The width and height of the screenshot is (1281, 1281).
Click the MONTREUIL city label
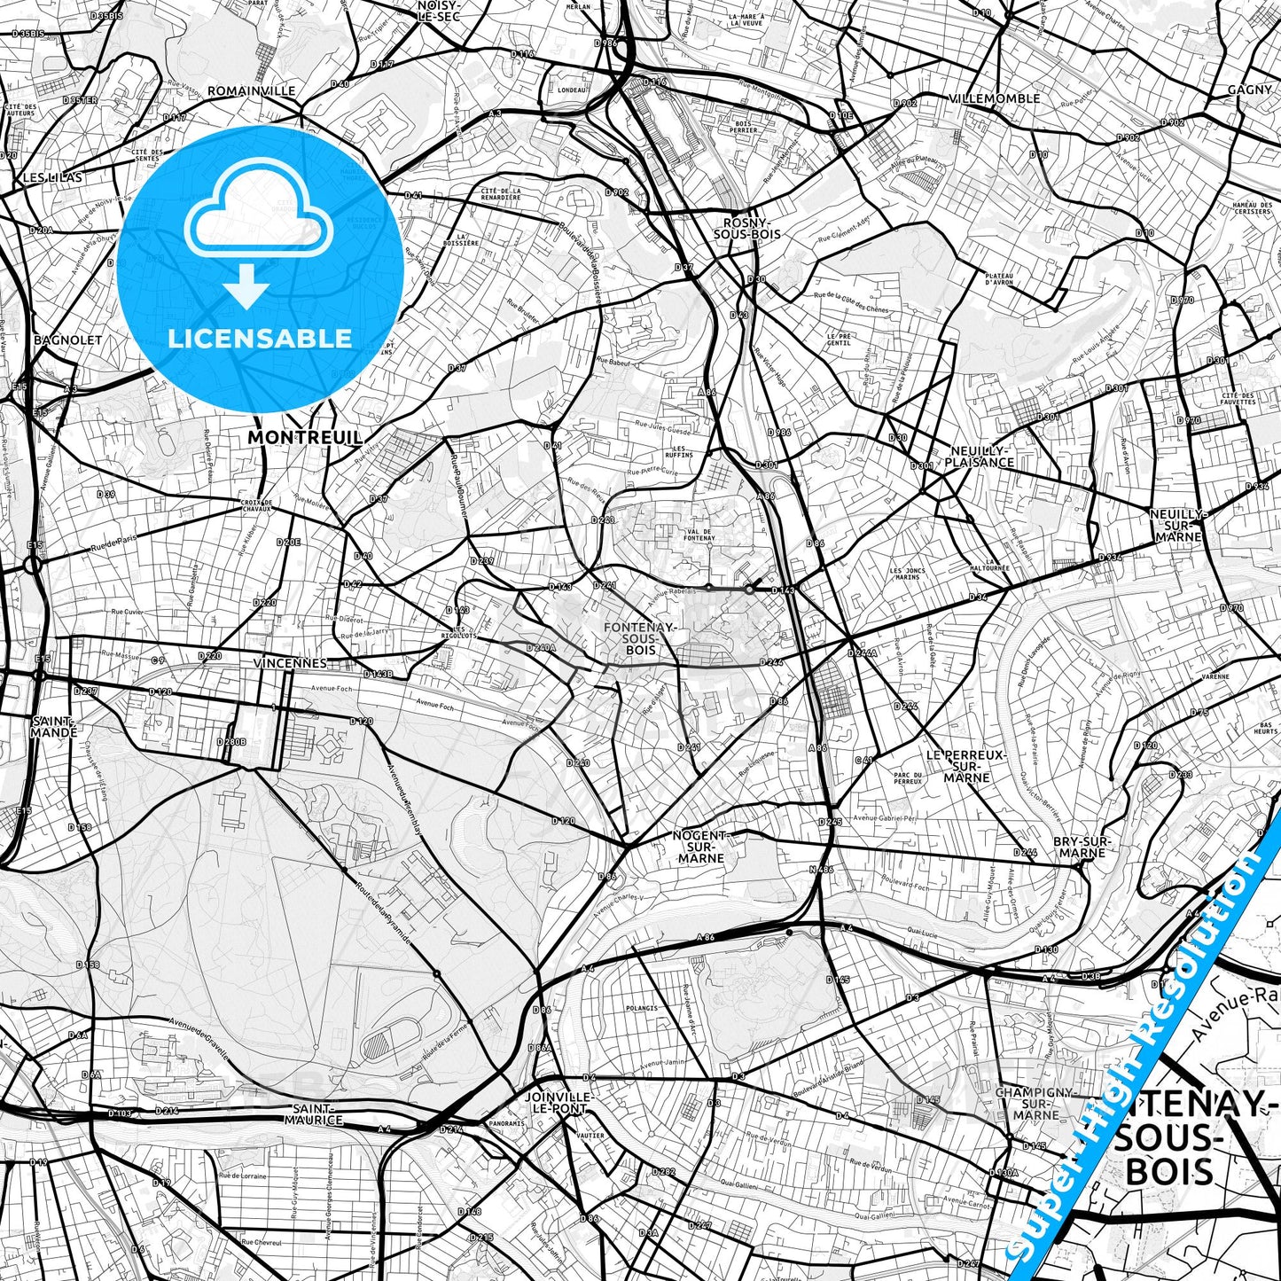coord(305,437)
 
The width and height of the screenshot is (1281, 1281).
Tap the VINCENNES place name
coord(289,663)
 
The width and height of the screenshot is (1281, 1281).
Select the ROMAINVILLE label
coord(252,90)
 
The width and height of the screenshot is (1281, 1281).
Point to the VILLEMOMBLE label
coord(994,98)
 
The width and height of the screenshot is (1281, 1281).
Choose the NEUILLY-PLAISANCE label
coord(979,456)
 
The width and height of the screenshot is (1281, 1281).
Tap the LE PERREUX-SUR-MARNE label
coord(966,766)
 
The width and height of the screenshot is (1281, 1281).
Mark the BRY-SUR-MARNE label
coord(1082,847)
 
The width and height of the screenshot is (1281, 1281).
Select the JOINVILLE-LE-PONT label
coord(558,1102)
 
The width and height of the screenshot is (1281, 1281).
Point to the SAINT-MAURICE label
coord(314,1114)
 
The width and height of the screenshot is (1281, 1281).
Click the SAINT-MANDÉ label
coord(53,726)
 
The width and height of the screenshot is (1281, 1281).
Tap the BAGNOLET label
coord(67,340)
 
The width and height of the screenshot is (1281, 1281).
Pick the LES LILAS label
coord(52,177)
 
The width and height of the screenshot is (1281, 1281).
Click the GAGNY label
coord(1249,90)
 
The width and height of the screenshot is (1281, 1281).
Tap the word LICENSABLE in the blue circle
coord(260,338)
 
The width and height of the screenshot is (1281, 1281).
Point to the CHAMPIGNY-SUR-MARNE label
coord(1035,1103)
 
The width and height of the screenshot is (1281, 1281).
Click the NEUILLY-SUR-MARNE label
coord(1177,525)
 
